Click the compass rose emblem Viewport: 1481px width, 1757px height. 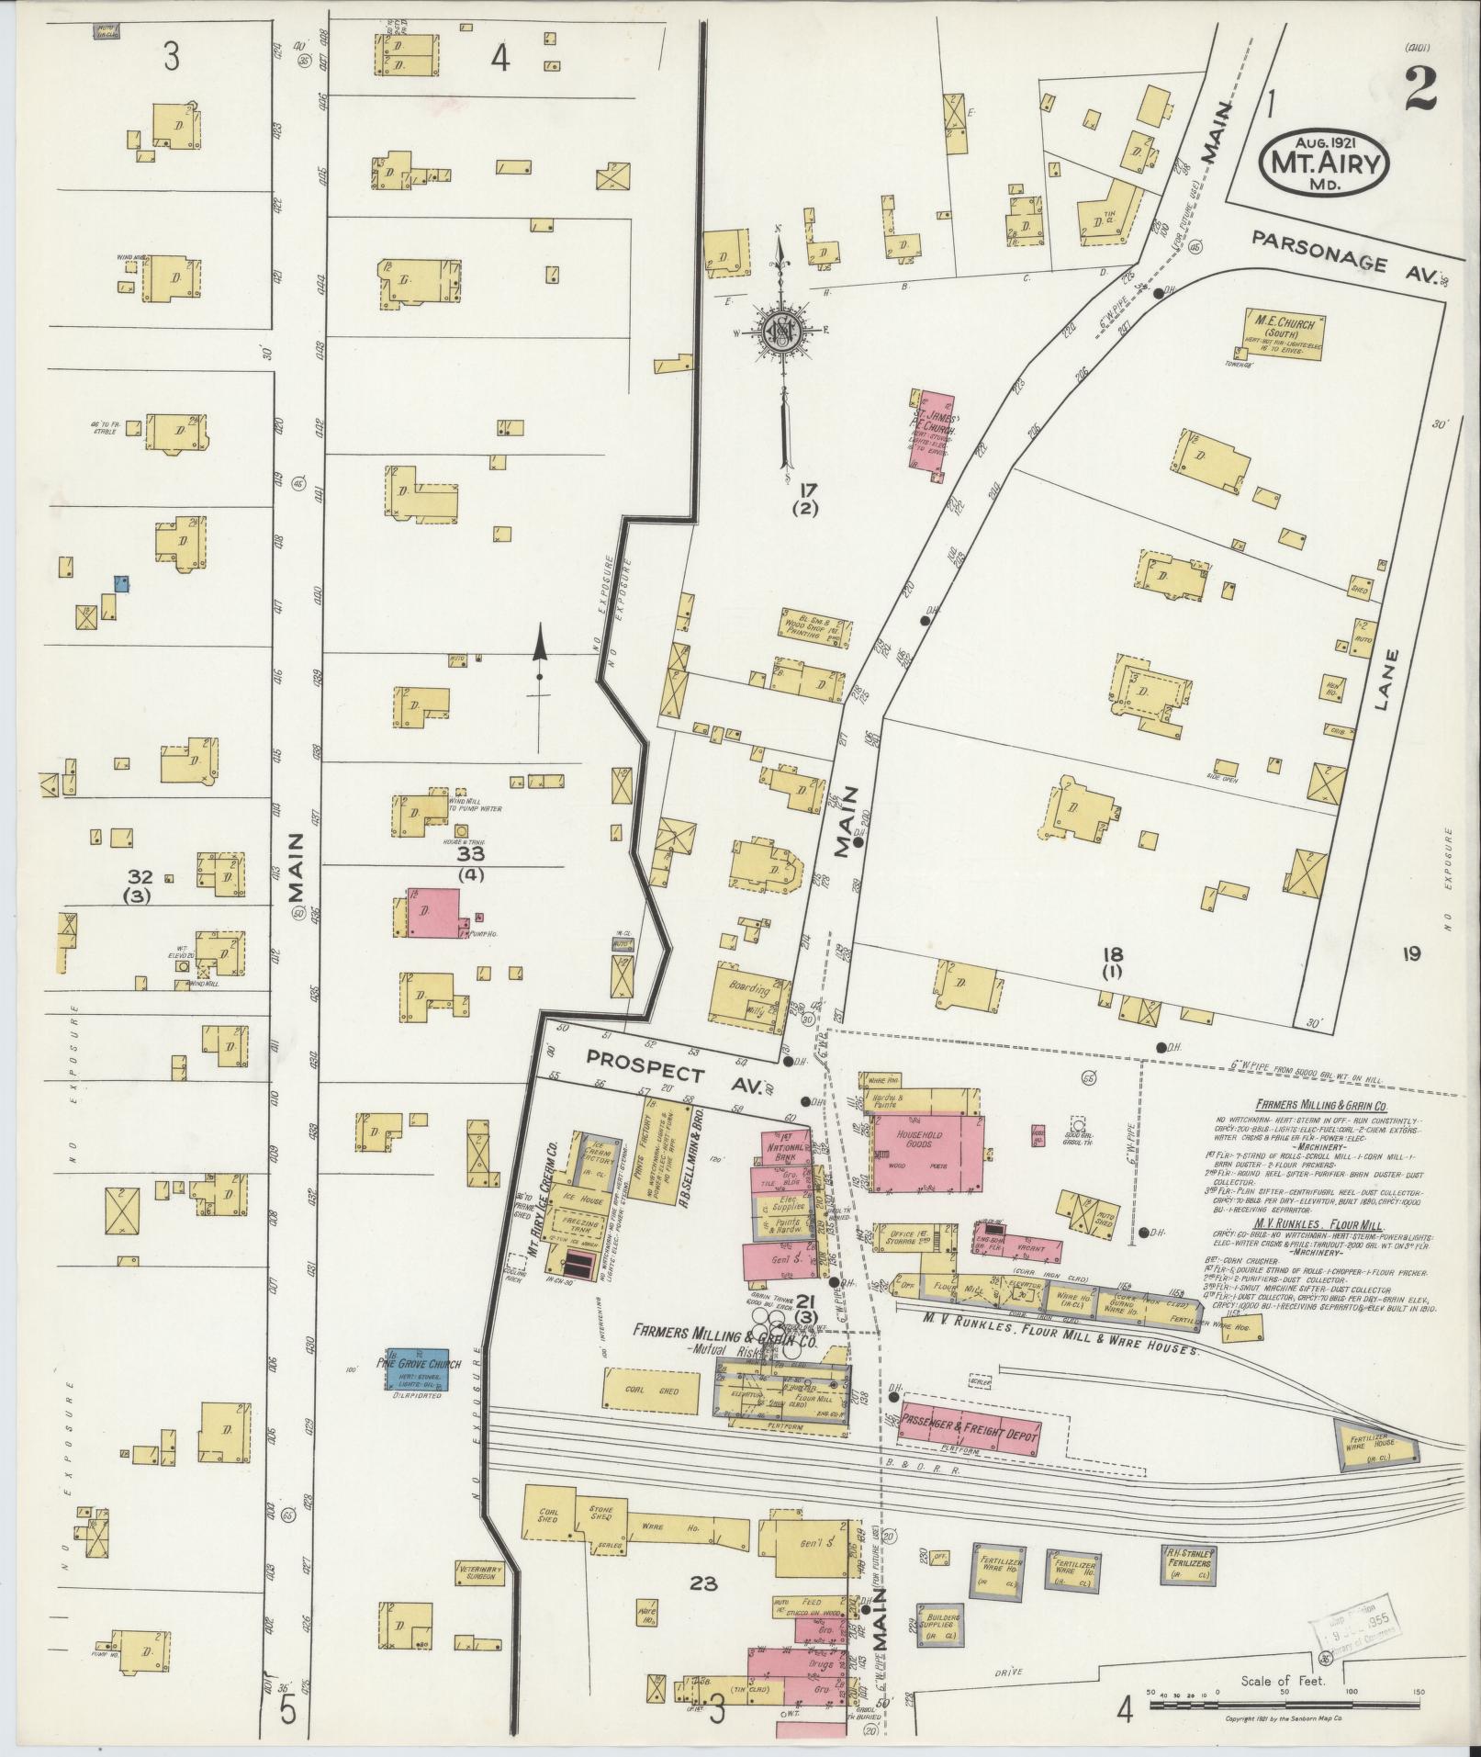pyautogui.click(x=780, y=332)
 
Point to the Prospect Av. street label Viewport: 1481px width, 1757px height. pyautogui.click(x=675, y=1067)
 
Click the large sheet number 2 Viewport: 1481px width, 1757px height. pyautogui.click(x=1421, y=90)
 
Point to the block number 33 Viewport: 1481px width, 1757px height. pyautogui.click(x=471, y=853)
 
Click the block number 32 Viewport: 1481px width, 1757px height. pyautogui.click(x=140, y=876)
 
